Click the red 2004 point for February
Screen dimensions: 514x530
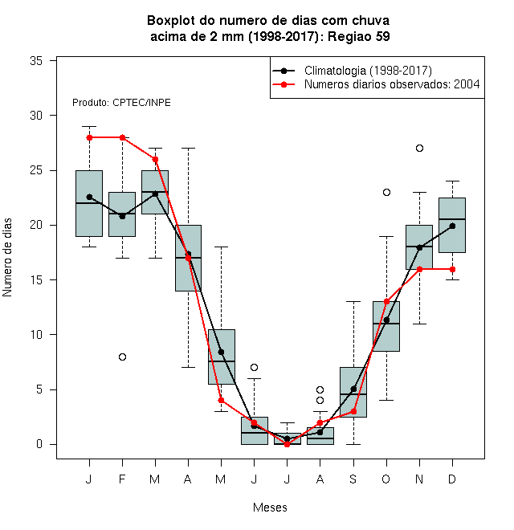[122, 137]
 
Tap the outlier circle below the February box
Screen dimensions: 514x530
[122, 357]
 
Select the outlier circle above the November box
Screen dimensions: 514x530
[419, 148]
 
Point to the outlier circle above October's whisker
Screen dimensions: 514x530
[386, 193]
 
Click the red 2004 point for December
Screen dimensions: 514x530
[452, 269]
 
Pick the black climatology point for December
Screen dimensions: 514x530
[452, 226]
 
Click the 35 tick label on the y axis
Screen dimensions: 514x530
[36, 61]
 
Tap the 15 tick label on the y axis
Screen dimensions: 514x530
[36, 280]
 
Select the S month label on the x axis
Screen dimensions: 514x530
[353, 479]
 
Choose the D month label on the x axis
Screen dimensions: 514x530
[452, 479]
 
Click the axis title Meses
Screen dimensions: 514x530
[270, 508]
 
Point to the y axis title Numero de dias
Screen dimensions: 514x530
[7, 258]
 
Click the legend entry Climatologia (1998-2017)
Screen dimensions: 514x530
[369, 71]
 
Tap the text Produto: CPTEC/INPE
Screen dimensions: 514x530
[121, 103]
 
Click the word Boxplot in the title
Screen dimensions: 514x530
[171, 21]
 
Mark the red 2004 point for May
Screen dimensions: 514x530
[221, 400]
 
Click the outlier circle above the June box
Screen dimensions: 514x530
[254, 368]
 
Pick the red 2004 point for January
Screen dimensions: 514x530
[90, 137]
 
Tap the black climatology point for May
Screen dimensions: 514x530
[221, 352]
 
